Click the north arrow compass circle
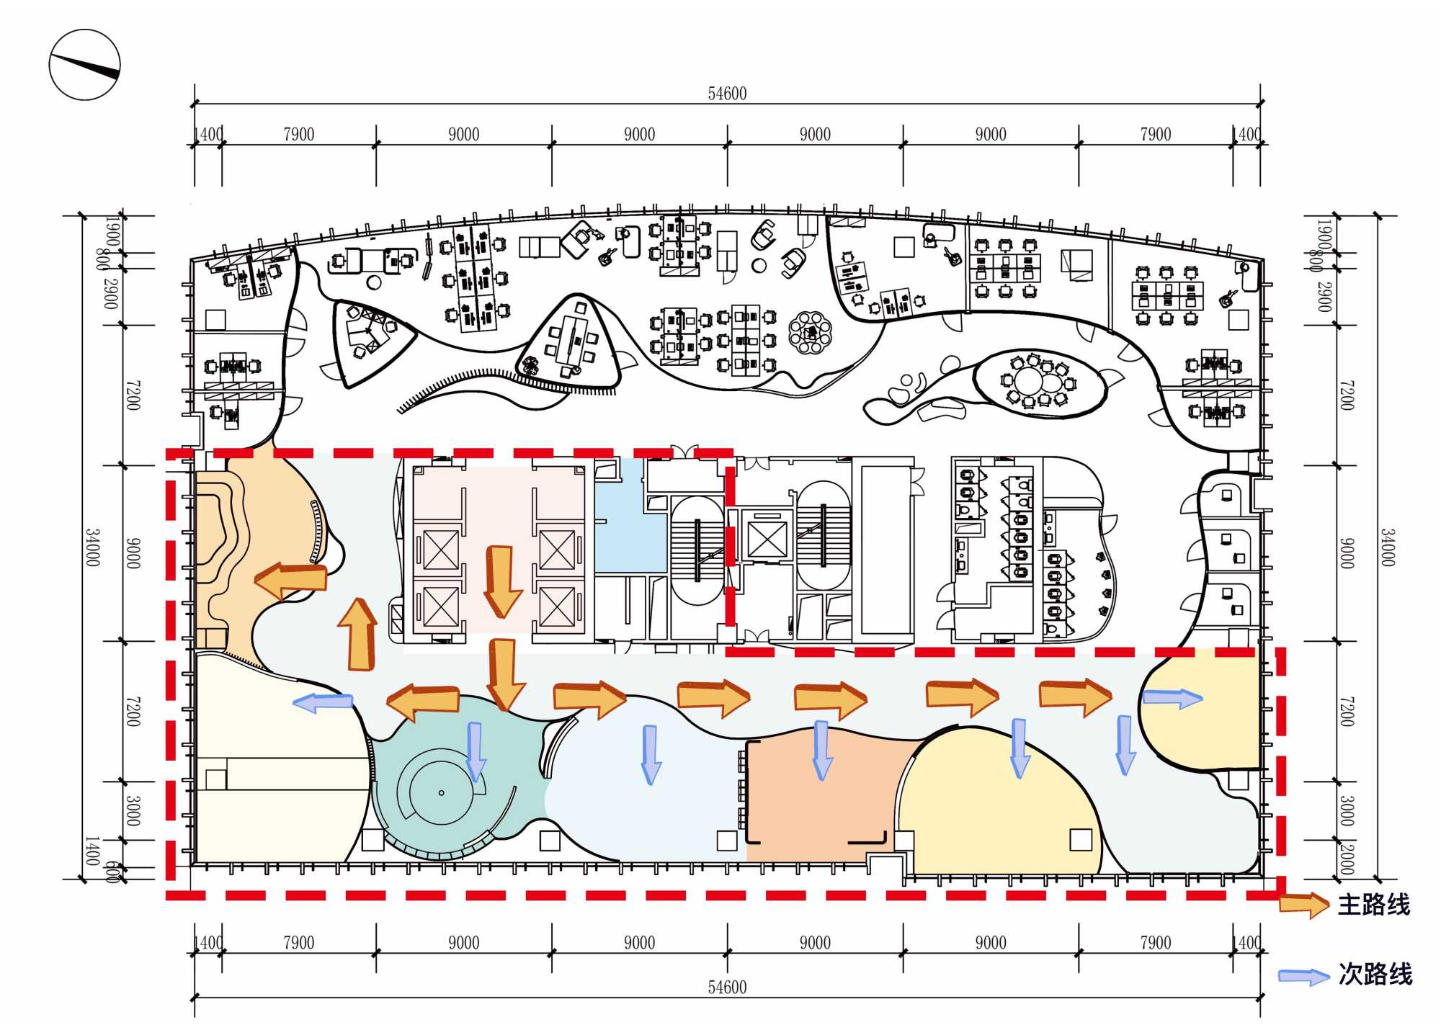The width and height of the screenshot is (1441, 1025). click(x=84, y=65)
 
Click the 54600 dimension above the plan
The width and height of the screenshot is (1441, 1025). click(x=727, y=94)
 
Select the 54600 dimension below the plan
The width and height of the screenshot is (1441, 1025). click(x=727, y=987)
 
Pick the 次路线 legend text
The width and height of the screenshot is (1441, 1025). click(x=1375, y=974)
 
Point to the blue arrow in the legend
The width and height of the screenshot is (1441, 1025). click(x=1303, y=976)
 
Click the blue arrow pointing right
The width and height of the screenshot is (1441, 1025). click(x=1172, y=697)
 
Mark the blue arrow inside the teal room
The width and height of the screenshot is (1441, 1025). click(x=475, y=751)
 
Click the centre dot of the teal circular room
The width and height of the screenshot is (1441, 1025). click(x=442, y=793)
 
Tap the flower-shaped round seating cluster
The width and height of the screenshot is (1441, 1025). click(x=811, y=332)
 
